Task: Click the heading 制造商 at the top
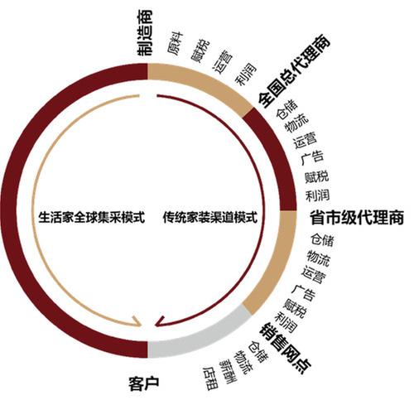click(145, 33)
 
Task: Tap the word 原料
click(176, 43)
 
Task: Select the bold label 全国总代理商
click(294, 71)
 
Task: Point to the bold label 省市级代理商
click(357, 218)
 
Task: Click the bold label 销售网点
click(285, 348)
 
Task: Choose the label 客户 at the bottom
click(144, 383)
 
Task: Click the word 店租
click(211, 378)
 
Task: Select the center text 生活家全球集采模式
click(92, 218)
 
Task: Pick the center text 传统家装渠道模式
click(210, 218)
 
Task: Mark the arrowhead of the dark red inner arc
click(159, 321)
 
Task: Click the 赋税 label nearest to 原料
click(200, 51)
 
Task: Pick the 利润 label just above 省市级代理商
click(317, 195)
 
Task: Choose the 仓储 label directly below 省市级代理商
click(322, 240)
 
